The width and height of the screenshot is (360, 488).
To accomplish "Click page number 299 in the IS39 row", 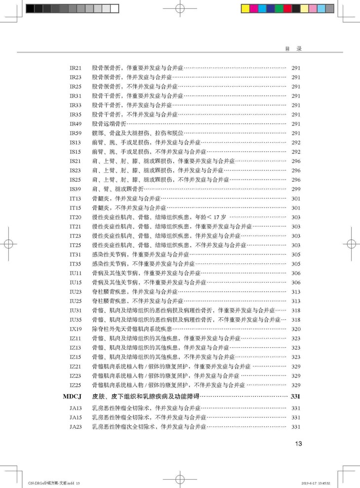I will click(x=296, y=189).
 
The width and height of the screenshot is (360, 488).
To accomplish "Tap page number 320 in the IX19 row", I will click(x=296, y=329).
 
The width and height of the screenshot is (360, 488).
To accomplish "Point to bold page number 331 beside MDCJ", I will click(x=295, y=396).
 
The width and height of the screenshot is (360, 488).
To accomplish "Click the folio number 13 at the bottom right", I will click(x=298, y=444).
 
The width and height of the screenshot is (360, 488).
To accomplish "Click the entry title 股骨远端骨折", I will click(x=109, y=124).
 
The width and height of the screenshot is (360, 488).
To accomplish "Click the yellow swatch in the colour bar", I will click(x=245, y=8).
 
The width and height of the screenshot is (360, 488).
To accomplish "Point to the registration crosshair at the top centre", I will click(x=180, y=8).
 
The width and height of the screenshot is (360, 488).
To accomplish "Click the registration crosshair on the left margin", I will click(x=8, y=244).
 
